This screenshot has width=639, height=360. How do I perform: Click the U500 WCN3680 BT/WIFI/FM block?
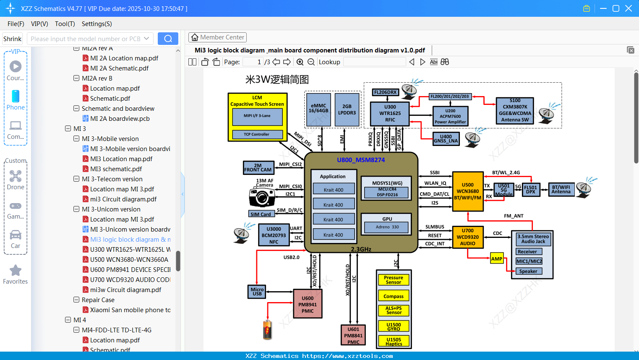[x=467, y=191]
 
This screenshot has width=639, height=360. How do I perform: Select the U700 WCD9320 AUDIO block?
[x=467, y=237]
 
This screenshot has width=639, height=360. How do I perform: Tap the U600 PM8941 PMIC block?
[x=307, y=304]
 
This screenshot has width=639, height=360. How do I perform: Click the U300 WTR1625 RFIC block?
[x=390, y=114]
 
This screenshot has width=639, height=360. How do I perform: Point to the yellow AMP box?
[x=496, y=259]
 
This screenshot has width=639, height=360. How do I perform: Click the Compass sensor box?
[x=393, y=296]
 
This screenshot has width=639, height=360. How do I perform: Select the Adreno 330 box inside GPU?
[x=387, y=227]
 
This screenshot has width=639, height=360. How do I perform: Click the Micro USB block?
[x=257, y=291]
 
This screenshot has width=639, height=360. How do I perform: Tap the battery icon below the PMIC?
[x=267, y=329]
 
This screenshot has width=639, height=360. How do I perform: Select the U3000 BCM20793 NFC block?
[x=274, y=235]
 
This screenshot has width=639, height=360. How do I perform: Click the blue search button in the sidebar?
[x=168, y=39]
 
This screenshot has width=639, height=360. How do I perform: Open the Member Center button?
[x=217, y=37]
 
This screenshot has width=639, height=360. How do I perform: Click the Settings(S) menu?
[x=97, y=24]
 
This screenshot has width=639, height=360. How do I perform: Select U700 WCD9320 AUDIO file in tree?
[x=130, y=279]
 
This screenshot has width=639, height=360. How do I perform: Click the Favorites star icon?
[x=16, y=271]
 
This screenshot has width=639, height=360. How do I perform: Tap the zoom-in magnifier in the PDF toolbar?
[x=300, y=62]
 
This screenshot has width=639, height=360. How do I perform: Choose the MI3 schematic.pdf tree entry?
[x=116, y=169]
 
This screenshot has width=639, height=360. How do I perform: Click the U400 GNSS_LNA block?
[x=446, y=139]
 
